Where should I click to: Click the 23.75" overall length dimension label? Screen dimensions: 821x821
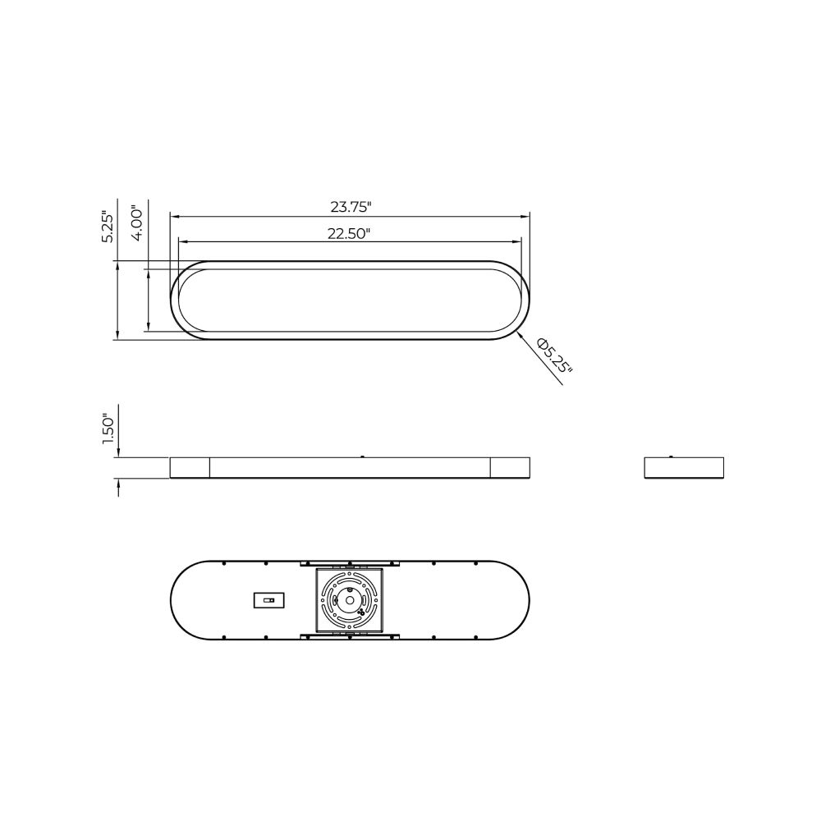351,207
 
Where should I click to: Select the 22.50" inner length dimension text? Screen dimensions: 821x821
349,233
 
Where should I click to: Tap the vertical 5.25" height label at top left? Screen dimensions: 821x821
108,227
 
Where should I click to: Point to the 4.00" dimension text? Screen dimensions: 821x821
137,222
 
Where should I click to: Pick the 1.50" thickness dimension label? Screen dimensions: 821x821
108,430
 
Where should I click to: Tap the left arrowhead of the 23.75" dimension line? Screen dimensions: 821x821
175,216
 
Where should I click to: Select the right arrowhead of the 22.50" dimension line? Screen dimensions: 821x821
517,241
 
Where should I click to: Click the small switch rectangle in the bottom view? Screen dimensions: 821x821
269,600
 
